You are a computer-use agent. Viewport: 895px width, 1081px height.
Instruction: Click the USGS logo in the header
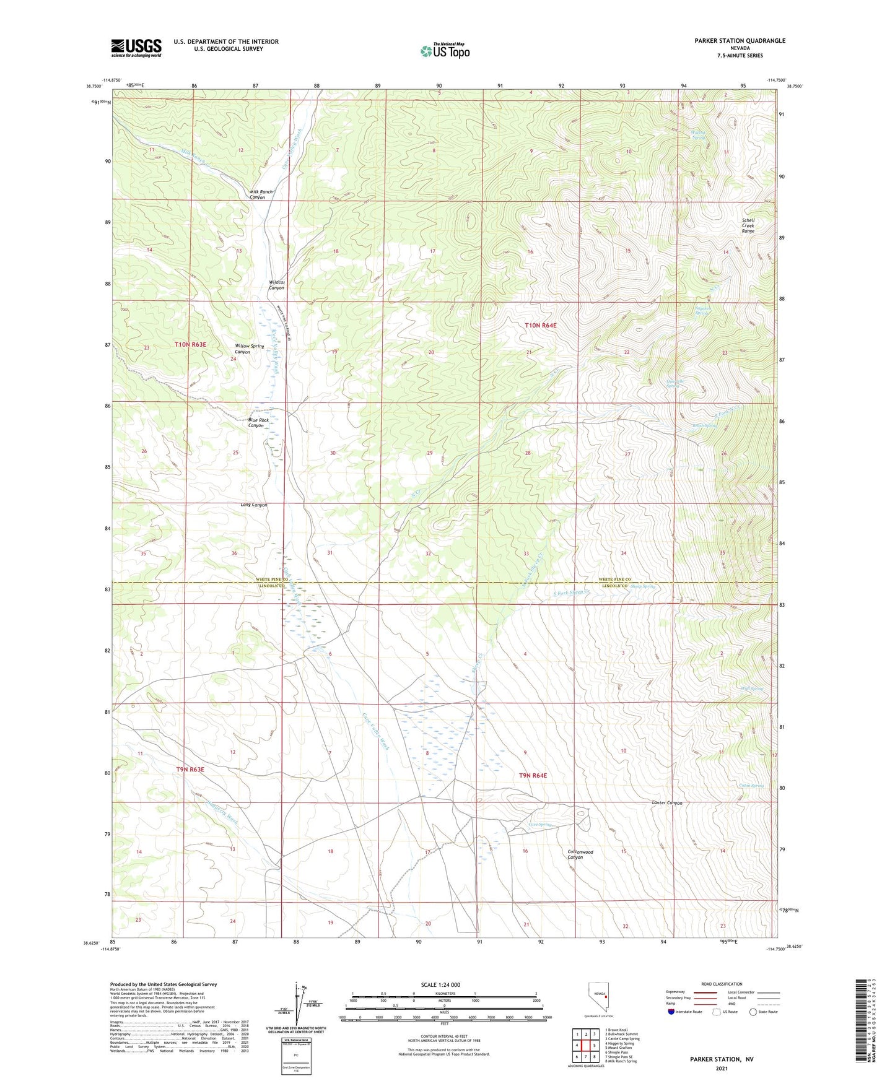tap(136, 48)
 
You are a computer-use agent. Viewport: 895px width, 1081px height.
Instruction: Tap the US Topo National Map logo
tap(445, 51)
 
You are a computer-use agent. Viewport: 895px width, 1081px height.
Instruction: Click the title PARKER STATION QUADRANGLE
tap(731, 41)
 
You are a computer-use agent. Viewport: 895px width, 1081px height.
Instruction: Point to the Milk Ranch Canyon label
tap(261, 194)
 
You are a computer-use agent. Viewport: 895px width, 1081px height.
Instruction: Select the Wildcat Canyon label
tap(276, 285)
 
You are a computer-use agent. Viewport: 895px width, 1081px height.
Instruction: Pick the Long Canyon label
tap(254, 505)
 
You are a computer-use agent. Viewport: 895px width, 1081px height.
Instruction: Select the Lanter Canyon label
tap(667, 803)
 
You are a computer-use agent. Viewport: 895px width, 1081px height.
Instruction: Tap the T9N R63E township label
tap(190, 769)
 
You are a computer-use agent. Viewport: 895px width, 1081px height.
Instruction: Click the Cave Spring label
tap(539, 825)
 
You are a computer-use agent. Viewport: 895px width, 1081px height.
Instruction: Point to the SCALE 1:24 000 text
tap(440, 984)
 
